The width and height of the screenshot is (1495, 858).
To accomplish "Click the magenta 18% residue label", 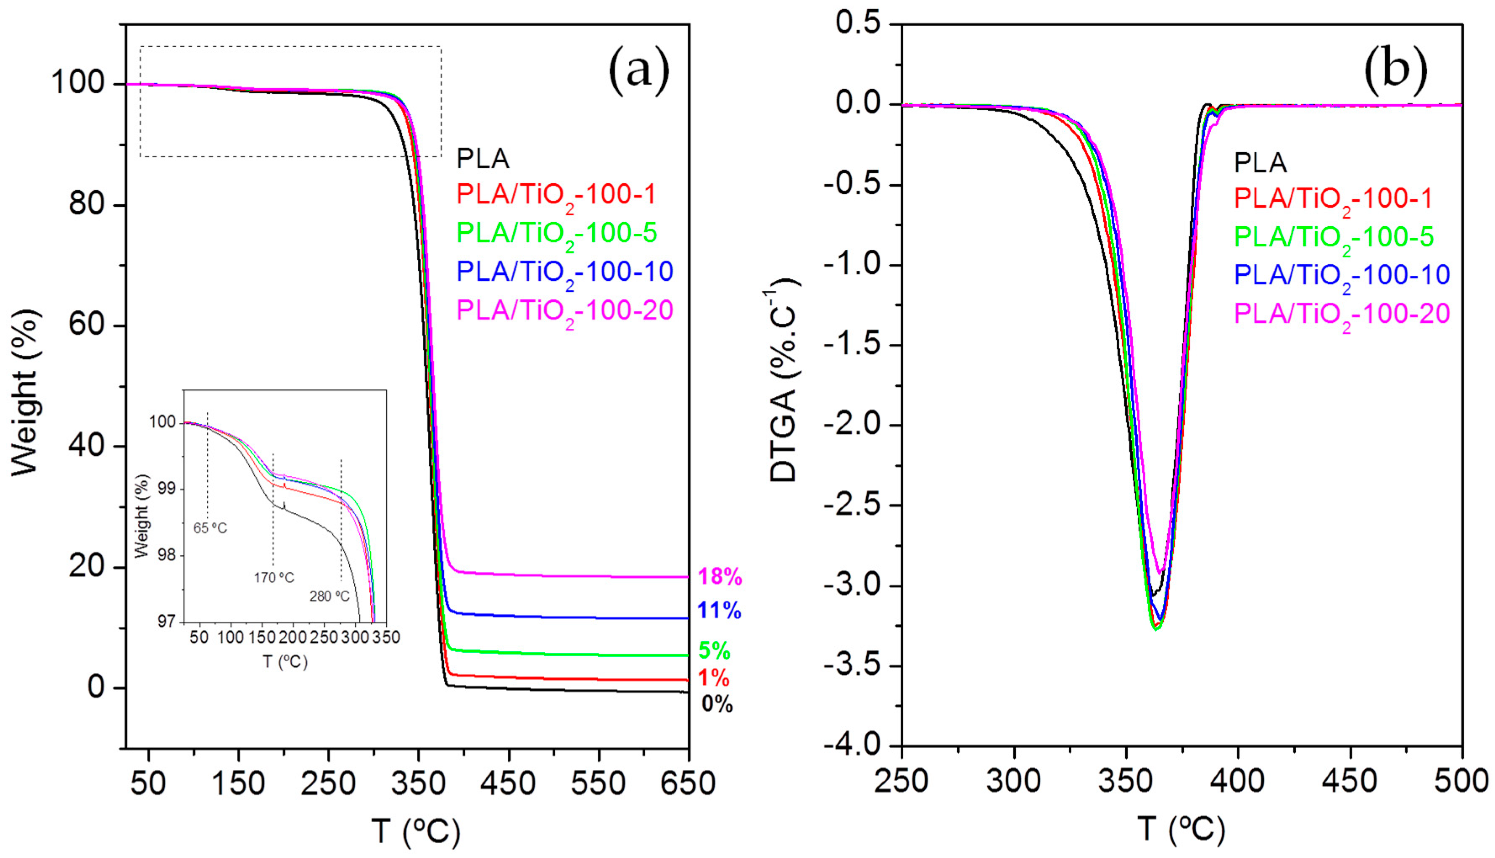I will [719, 576].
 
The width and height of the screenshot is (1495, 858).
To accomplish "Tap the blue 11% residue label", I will [719, 610].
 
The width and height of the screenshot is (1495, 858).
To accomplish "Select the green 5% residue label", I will [714, 651].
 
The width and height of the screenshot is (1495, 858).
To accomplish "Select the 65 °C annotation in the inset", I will [210, 528].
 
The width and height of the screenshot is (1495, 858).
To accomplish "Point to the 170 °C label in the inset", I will [274, 578].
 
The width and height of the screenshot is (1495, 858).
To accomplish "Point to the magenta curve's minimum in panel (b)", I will [1160, 572].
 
